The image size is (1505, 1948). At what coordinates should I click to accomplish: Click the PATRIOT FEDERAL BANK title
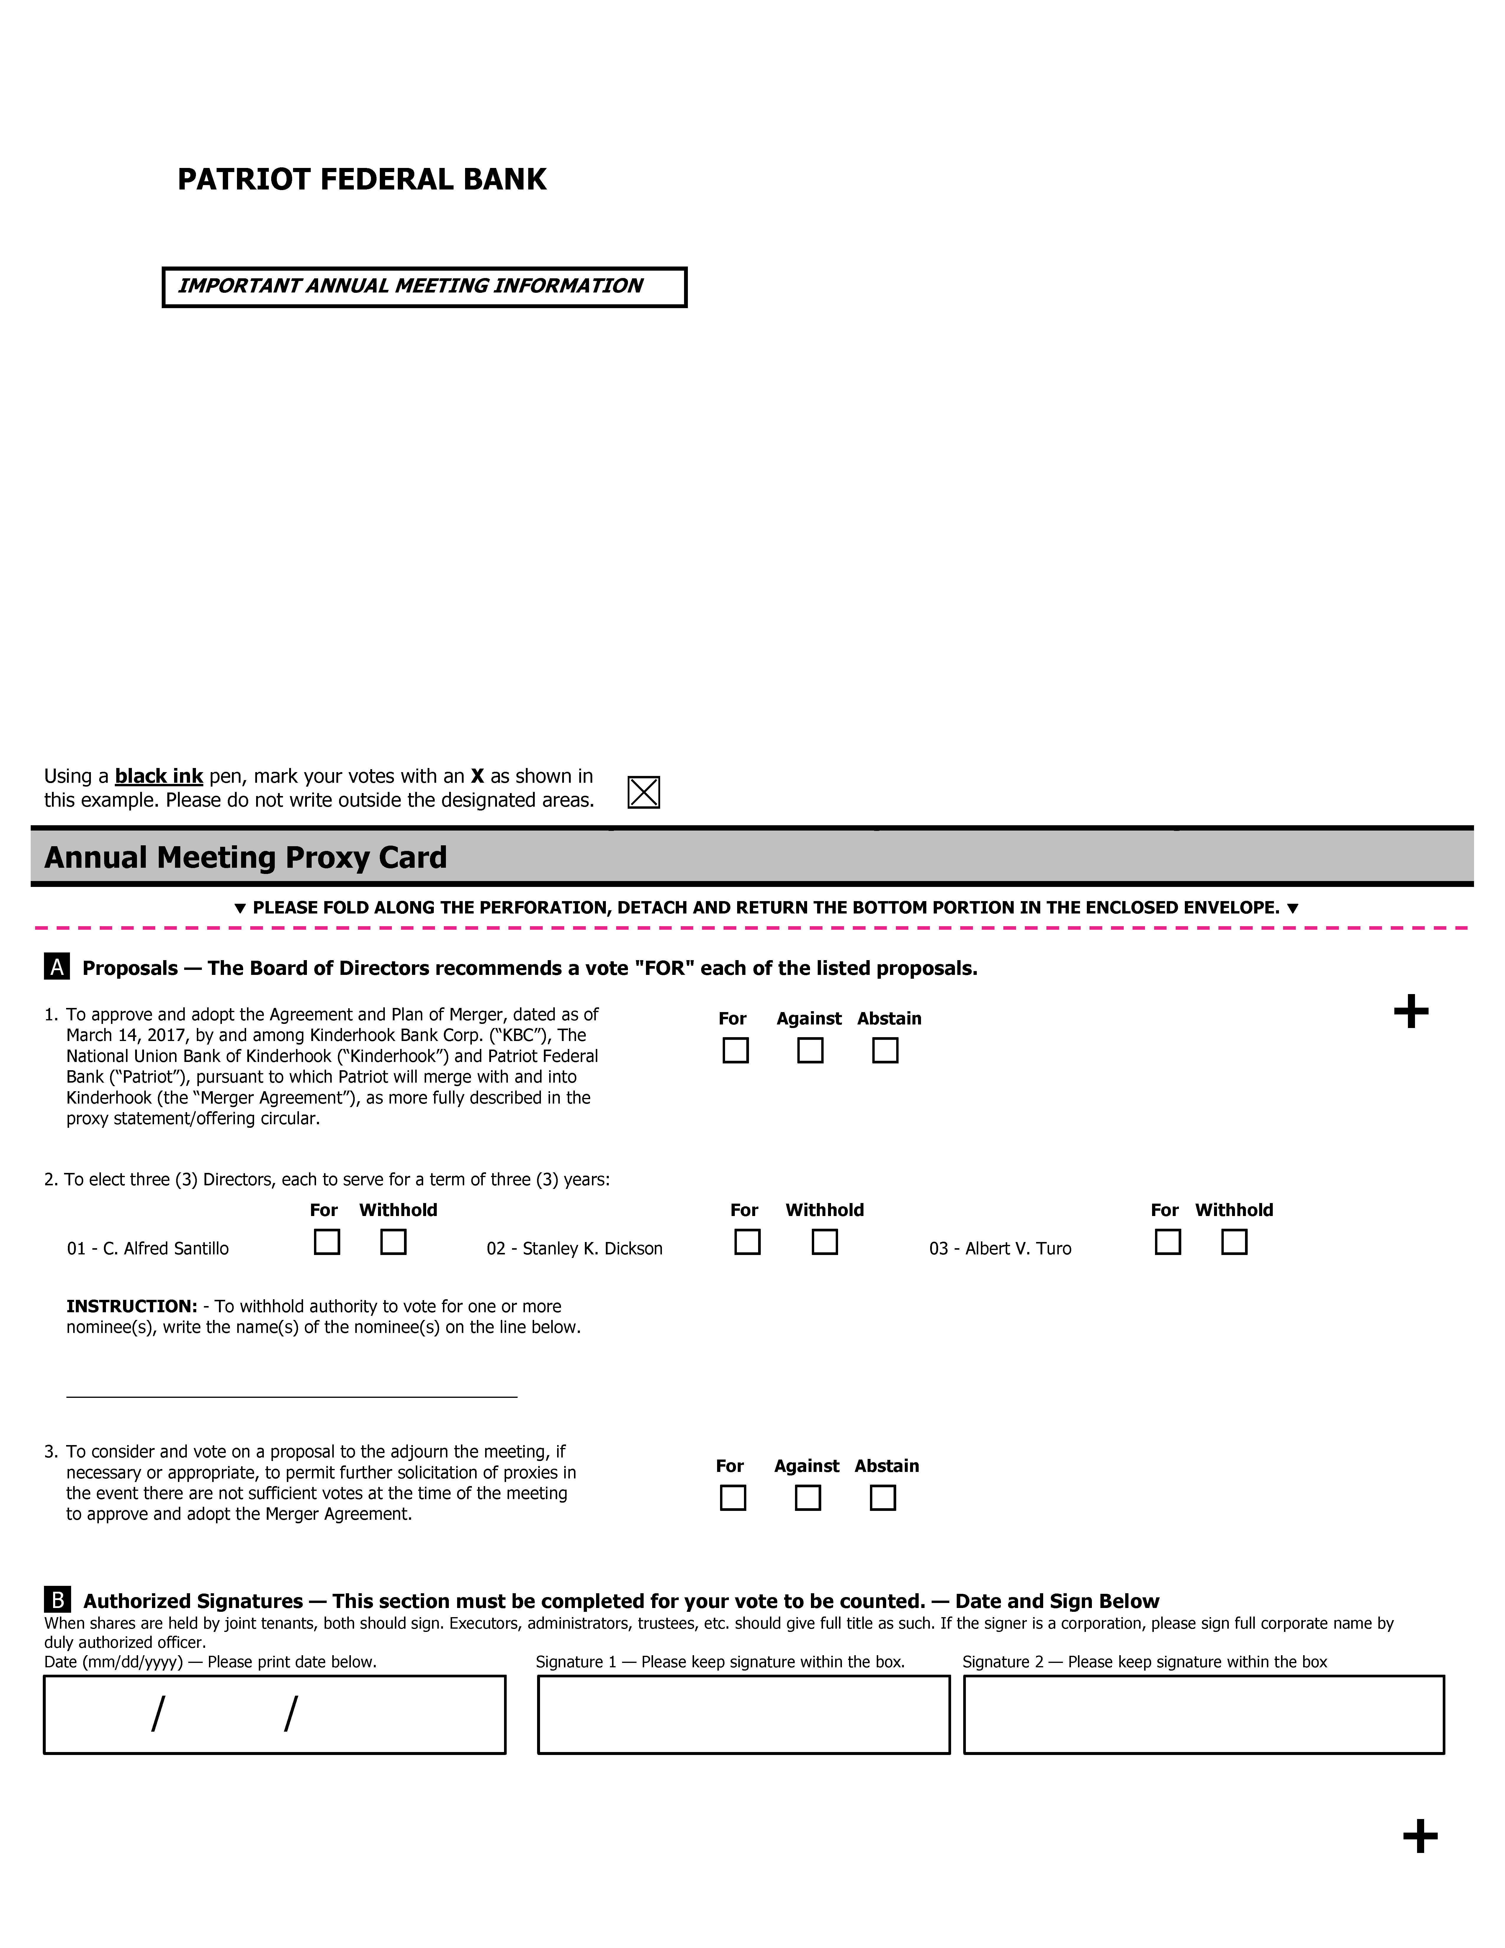pyautogui.click(x=361, y=179)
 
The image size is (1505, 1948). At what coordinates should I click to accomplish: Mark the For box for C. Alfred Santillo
pyautogui.click(x=327, y=1242)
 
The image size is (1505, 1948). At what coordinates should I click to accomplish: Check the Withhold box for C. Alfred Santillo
pyautogui.click(x=393, y=1242)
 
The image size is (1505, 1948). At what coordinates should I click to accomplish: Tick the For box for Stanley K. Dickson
pyautogui.click(x=747, y=1242)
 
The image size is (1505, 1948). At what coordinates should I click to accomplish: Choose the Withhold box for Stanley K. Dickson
pyautogui.click(x=825, y=1242)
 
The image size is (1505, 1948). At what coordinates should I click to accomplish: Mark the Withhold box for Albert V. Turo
pyautogui.click(x=1234, y=1242)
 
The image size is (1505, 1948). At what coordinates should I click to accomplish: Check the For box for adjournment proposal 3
pyautogui.click(x=733, y=1498)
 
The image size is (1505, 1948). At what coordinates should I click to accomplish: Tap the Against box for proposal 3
pyautogui.click(x=808, y=1498)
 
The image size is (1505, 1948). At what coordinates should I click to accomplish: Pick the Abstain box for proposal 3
pyautogui.click(x=883, y=1498)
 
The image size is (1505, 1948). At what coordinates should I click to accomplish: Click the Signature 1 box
pyautogui.click(x=744, y=1714)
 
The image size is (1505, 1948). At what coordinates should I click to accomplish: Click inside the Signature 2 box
pyautogui.click(x=1204, y=1714)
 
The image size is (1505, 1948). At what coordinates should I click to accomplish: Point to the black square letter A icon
pyautogui.click(x=57, y=967)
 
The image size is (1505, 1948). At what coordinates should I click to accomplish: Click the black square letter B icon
pyautogui.click(x=57, y=1599)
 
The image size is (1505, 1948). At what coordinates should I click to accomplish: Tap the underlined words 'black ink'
pyautogui.click(x=159, y=776)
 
